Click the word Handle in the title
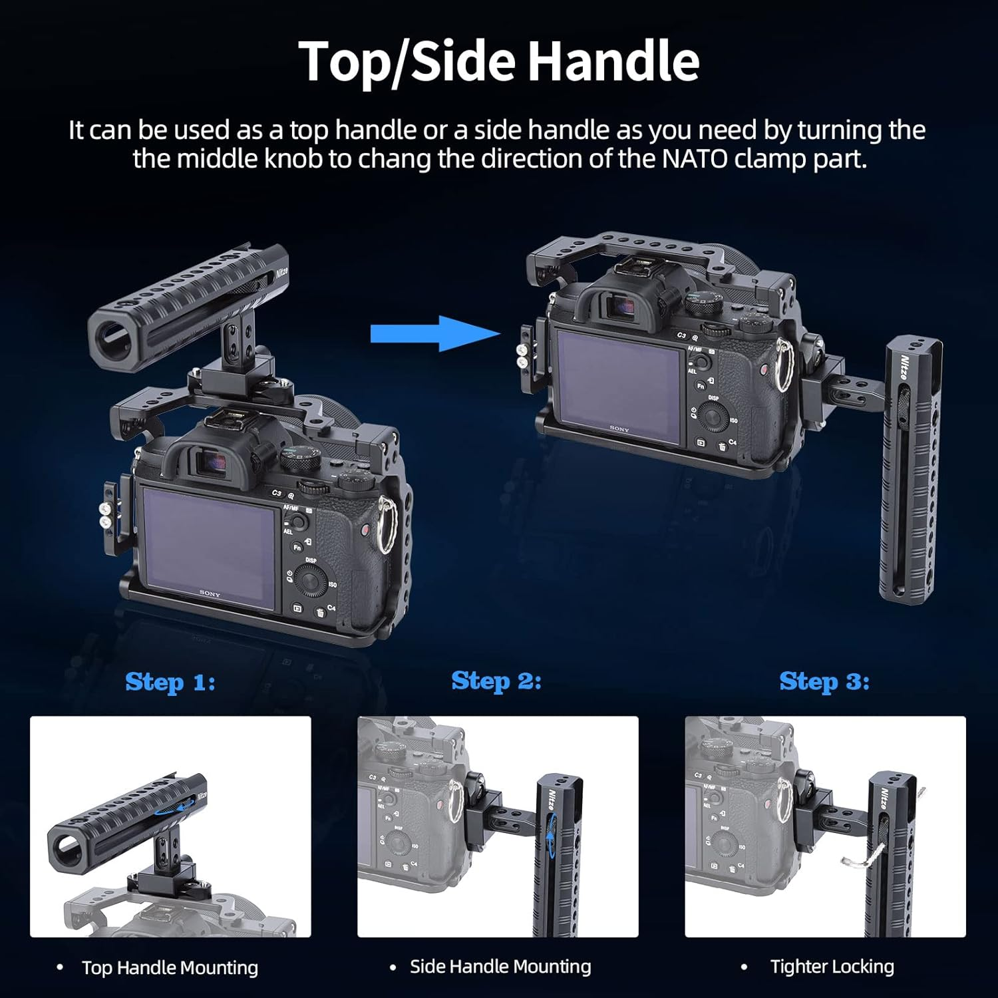(x=613, y=61)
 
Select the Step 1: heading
(x=170, y=682)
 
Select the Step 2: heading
(x=496, y=681)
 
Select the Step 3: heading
(x=824, y=681)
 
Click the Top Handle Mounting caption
(x=170, y=967)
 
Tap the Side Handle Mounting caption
(x=500, y=966)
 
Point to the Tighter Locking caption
(x=832, y=966)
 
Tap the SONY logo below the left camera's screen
(x=210, y=593)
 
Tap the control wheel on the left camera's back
(x=310, y=581)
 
